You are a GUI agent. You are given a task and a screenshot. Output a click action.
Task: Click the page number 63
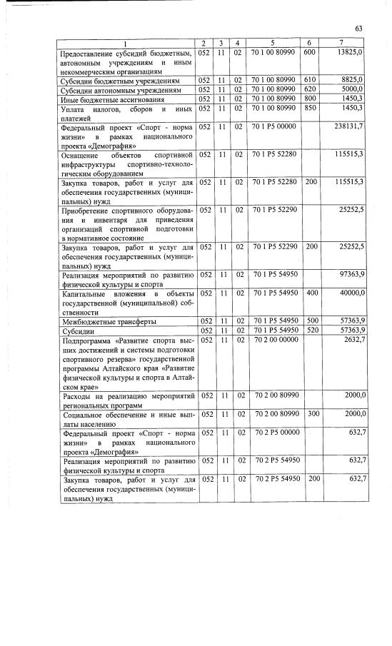(358, 28)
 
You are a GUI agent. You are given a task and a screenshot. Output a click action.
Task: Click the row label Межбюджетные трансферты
(106, 321)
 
